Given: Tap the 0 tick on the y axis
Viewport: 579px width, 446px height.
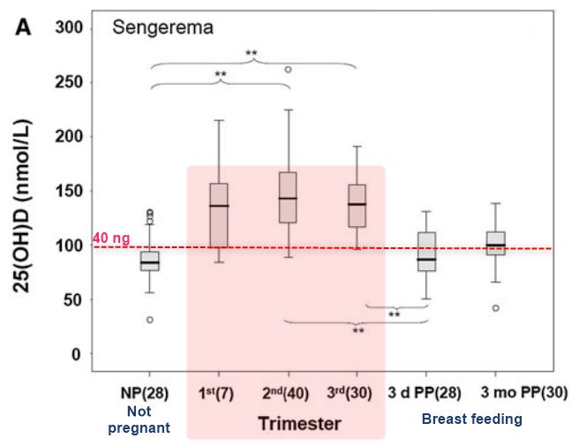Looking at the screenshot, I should [76, 354].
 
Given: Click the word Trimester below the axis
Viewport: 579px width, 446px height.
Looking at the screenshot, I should [299, 424].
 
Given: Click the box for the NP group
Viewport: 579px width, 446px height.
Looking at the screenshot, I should [149, 261].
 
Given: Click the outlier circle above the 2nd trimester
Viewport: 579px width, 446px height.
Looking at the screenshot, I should [288, 69].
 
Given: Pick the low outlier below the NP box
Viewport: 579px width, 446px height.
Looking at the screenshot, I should [149, 320].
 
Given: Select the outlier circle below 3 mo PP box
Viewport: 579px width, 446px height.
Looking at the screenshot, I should [495, 308].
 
